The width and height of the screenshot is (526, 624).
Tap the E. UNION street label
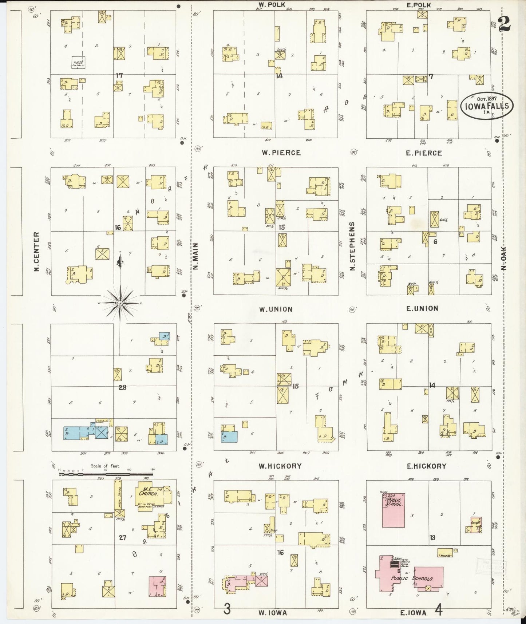point(422,308)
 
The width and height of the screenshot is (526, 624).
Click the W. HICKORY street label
point(280,466)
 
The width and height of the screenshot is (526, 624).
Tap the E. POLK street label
point(419,5)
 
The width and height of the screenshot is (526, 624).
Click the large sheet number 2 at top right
point(505,24)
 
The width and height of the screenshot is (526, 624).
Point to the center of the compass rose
point(120,303)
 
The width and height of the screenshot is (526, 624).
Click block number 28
point(122,388)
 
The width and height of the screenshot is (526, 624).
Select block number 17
point(119,76)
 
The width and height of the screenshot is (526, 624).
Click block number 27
point(122,537)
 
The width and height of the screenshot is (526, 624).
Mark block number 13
point(432,537)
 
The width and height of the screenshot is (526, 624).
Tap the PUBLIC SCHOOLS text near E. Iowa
point(411,578)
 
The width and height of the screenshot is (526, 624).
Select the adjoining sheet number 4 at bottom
point(439,609)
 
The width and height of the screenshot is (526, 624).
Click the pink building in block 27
point(158,587)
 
